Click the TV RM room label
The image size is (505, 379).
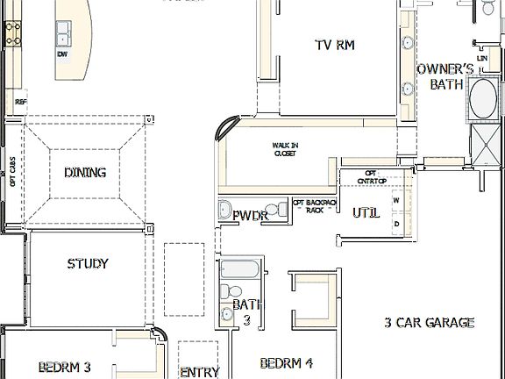tap(334, 45)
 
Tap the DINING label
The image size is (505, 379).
tap(85, 172)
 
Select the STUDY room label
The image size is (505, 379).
tap(88, 263)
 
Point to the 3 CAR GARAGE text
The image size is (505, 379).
tap(430, 323)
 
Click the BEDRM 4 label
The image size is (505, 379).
tap(287, 362)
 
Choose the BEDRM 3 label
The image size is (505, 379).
tap(65, 367)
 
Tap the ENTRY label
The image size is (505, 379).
tap(199, 372)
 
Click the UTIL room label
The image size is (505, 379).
tap(366, 213)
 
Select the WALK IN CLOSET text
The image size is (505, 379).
tap(285, 150)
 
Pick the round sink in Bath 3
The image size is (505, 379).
tap(224, 290)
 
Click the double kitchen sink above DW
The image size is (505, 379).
tap(64, 34)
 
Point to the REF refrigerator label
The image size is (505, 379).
tap(21, 101)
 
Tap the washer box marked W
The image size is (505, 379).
tap(395, 201)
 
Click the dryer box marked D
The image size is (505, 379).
tap(395, 224)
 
